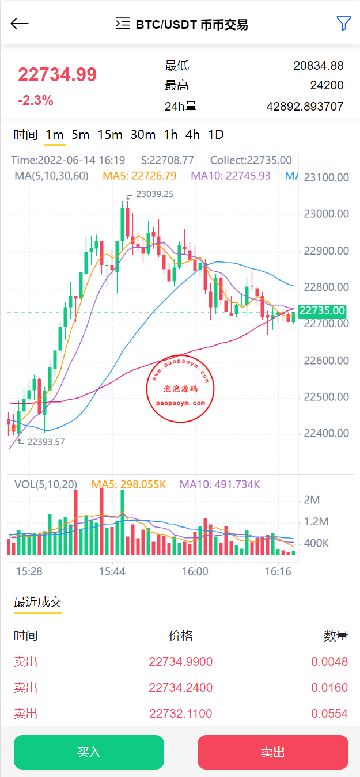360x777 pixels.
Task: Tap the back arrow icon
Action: click(x=20, y=24)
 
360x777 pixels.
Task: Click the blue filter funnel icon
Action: click(x=343, y=23)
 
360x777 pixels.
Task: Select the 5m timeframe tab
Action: click(x=80, y=135)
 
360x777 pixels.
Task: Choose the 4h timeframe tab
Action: click(x=192, y=135)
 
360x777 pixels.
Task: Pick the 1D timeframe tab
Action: click(x=215, y=135)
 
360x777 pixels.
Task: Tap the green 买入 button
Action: click(x=89, y=752)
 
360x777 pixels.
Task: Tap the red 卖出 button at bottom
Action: click(x=272, y=752)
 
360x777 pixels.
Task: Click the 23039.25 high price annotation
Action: click(x=154, y=195)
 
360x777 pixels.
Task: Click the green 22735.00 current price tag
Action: click(x=322, y=311)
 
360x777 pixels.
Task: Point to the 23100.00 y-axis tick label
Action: click(x=327, y=177)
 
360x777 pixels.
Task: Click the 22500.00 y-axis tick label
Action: click(x=327, y=397)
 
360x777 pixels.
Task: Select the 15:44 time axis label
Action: click(x=112, y=571)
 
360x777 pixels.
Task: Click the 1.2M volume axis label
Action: click(x=316, y=522)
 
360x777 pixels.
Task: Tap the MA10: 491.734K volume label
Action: click(x=219, y=485)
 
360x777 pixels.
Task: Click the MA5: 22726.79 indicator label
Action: click(x=139, y=176)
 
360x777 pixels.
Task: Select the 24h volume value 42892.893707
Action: click(x=305, y=107)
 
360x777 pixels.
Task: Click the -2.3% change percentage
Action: click(x=35, y=101)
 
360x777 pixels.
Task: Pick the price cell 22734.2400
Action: click(x=180, y=688)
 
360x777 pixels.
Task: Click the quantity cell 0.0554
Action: click(x=329, y=714)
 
